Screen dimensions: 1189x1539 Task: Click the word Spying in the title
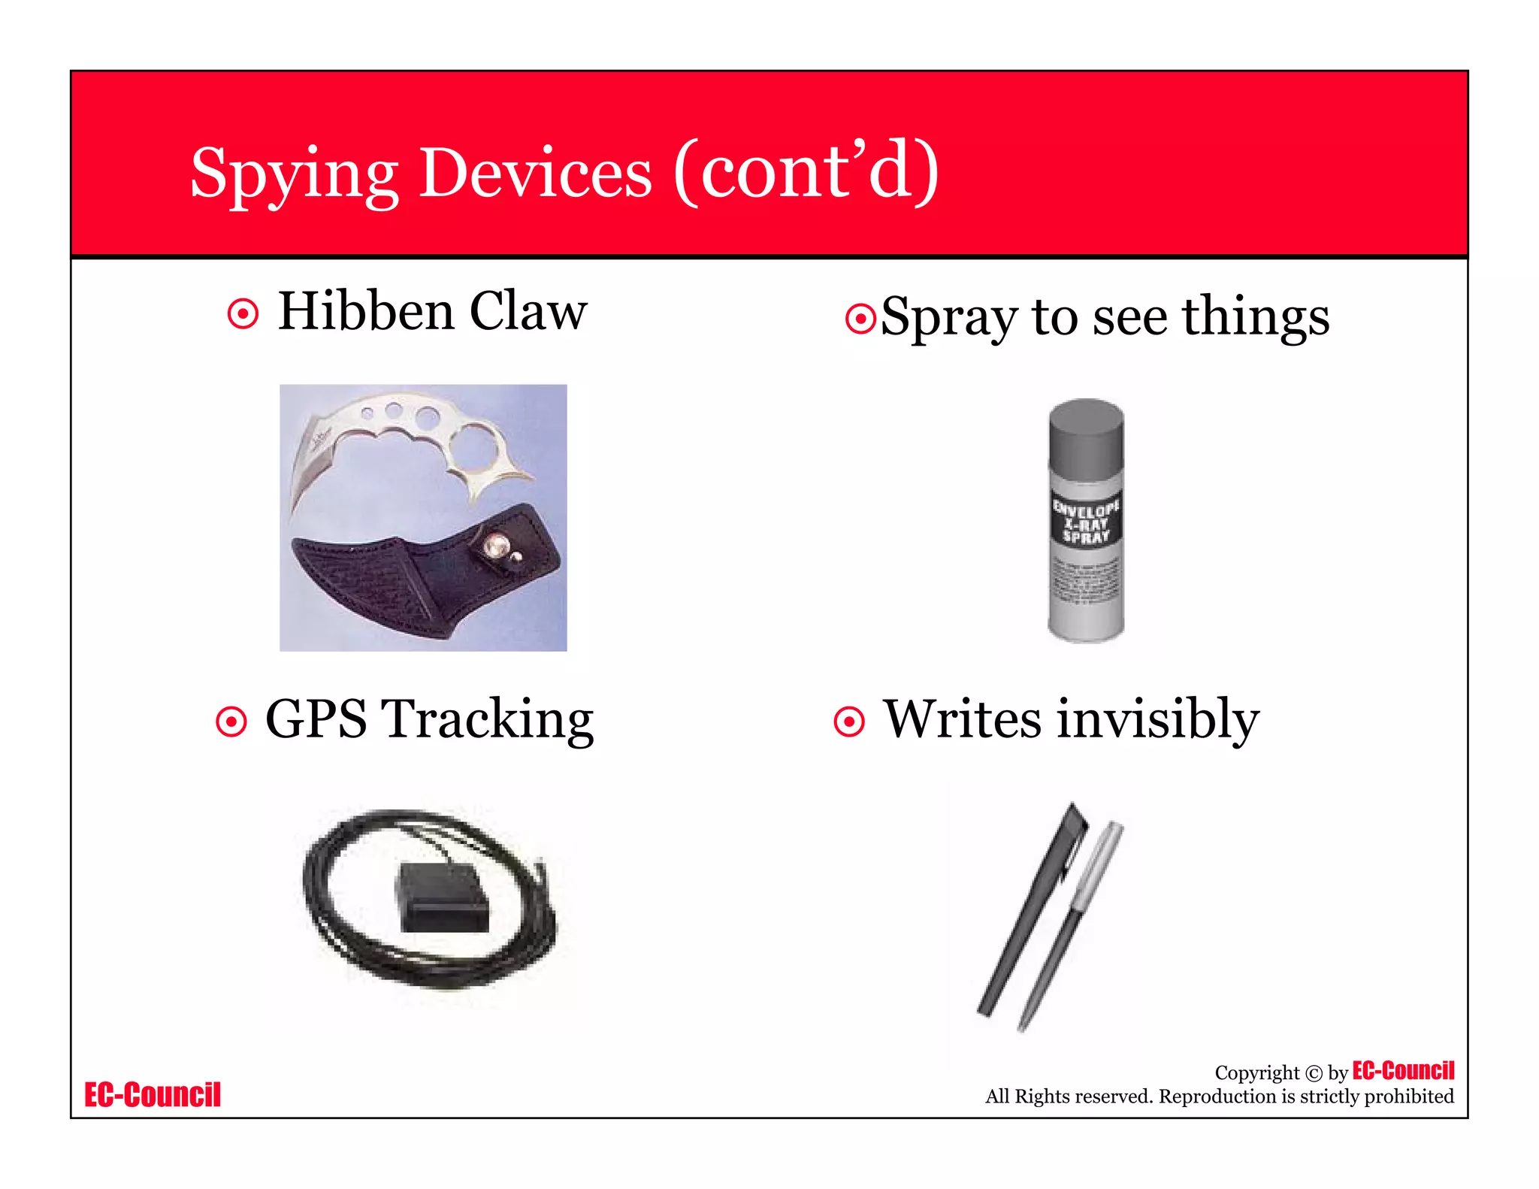point(293,174)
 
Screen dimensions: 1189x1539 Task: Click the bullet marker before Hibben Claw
point(243,313)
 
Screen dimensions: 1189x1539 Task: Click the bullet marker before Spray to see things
point(860,319)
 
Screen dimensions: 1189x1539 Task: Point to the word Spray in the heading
point(949,319)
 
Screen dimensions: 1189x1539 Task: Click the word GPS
point(316,720)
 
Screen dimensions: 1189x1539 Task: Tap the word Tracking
point(488,720)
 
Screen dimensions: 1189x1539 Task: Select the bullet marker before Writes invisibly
point(849,722)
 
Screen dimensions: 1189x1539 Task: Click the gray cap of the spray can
point(1086,436)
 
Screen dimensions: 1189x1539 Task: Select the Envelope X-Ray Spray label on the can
point(1086,521)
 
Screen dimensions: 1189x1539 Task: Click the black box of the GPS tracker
point(442,898)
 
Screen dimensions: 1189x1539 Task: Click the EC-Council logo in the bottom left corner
point(153,1095)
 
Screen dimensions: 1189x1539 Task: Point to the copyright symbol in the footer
point(1313,1073)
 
